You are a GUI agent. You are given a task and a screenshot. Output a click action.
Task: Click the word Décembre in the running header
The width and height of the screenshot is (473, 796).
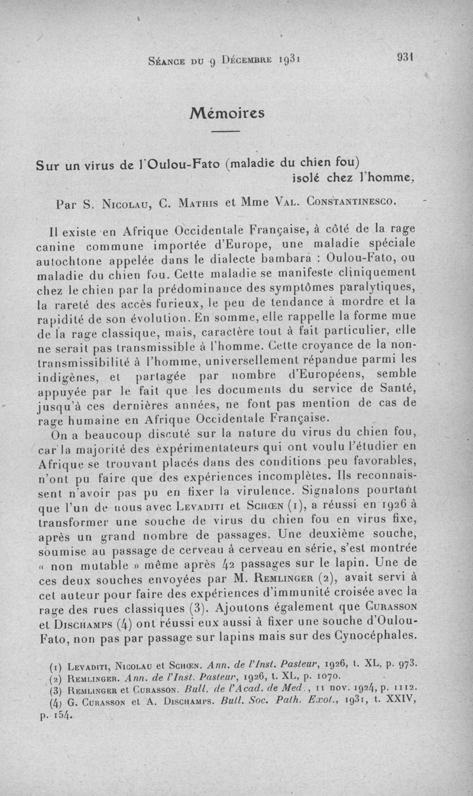[x=239, y=60]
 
